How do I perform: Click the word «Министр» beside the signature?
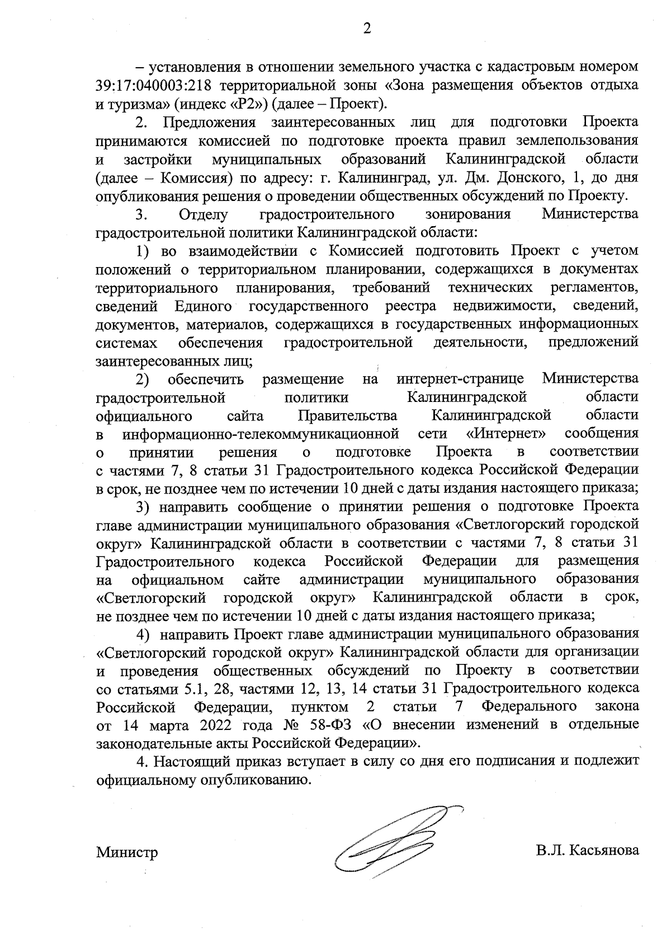tap(127, 853)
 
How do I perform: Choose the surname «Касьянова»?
tap(606, 850)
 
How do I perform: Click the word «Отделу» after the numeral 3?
tap(204, 214)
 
